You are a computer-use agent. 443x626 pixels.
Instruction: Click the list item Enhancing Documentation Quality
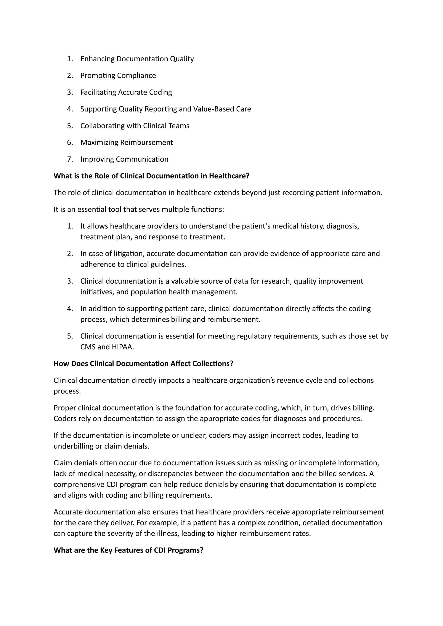click(x=137, y=59)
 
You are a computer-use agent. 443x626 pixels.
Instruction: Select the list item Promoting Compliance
click(x=118, y=75)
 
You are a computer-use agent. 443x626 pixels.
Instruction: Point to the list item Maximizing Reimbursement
click(x=127, y=143)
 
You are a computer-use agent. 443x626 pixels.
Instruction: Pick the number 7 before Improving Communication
click(x=70, y=159)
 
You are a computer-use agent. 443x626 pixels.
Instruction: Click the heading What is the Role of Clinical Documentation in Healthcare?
click(x=151, y=176)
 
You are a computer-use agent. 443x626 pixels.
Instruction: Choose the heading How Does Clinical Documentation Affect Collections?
click(x=143, y=364)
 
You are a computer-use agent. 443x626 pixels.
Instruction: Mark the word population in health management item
click(x=148, y=292)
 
